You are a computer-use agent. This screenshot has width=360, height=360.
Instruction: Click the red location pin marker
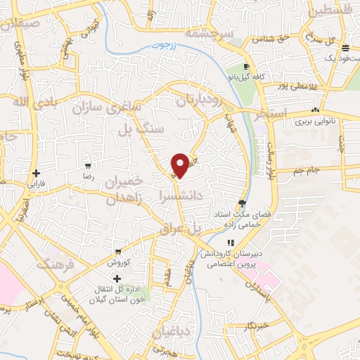180,165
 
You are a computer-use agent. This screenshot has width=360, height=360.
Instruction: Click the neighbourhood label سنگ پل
151,129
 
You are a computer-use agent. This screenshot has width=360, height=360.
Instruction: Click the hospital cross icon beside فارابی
35,173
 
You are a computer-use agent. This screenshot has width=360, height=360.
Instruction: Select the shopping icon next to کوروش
119,251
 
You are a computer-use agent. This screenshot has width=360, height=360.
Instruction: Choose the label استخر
273,113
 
